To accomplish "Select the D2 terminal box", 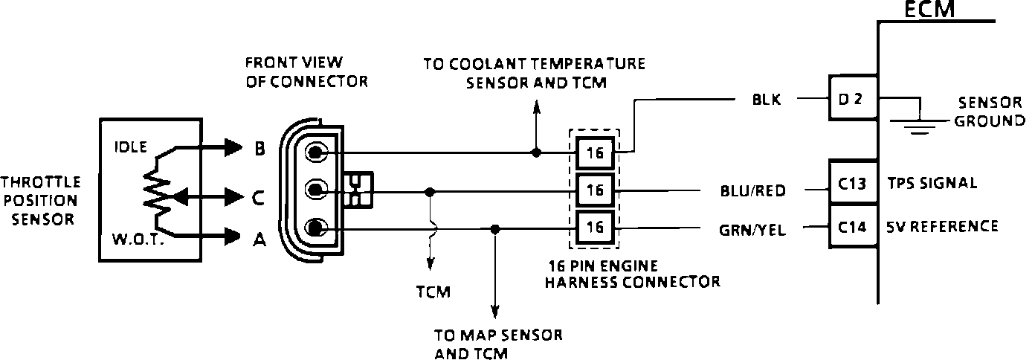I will point(854,99).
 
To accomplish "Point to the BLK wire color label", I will point(767,100).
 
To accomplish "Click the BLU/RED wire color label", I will point(753,191).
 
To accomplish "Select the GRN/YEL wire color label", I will point(753,230).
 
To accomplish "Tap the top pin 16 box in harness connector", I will point(595,153).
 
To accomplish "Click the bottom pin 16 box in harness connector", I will point(595,227).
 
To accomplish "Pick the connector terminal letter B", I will point(259,149).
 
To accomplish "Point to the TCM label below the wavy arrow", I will point(433,292).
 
